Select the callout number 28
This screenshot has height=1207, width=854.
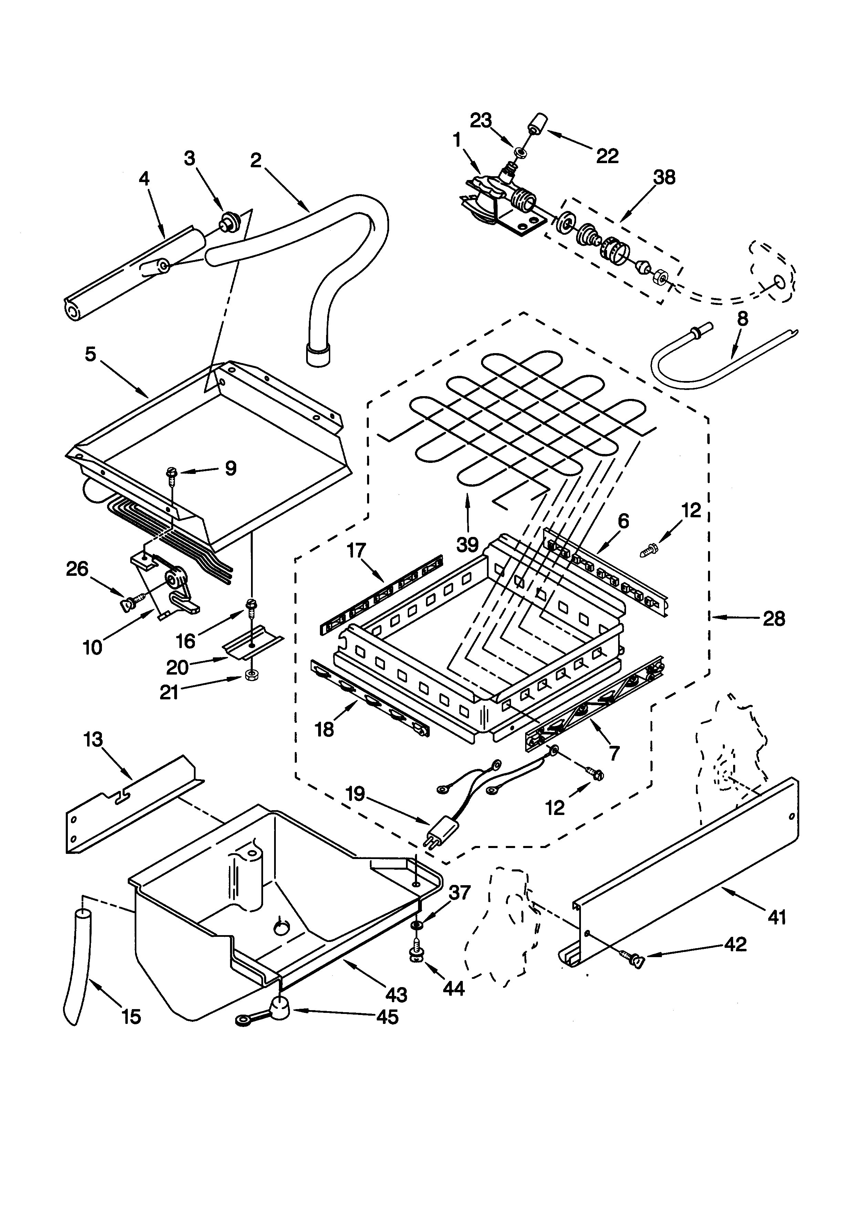click(x=773, y=619)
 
